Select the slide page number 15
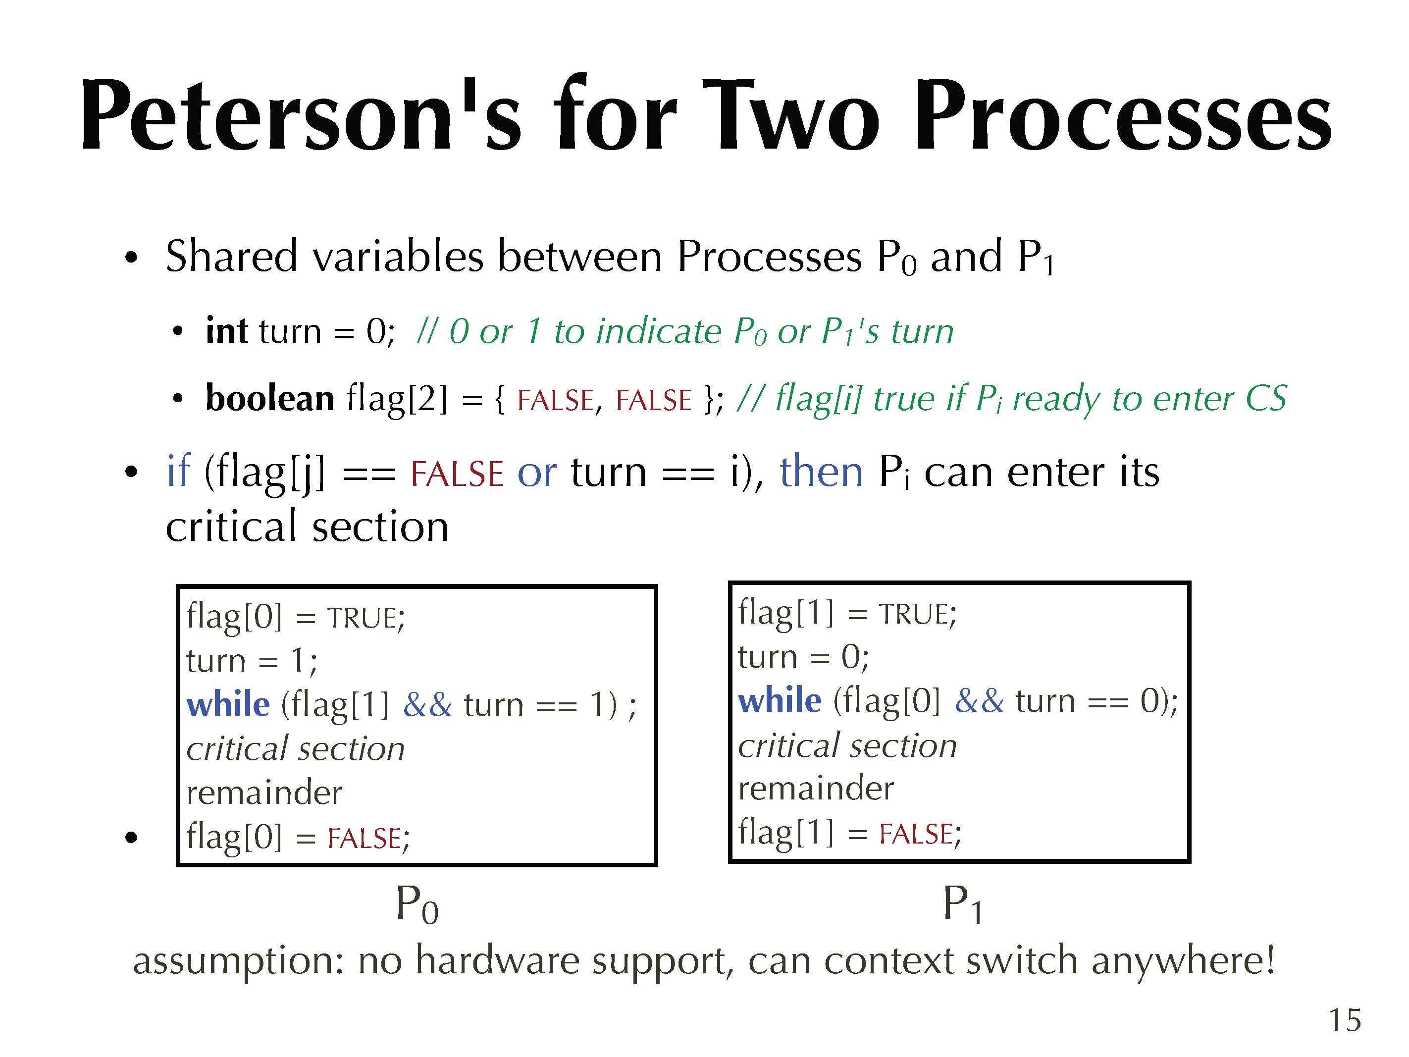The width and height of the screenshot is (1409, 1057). pos(1345,1020)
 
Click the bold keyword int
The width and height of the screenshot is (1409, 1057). pos(226,331)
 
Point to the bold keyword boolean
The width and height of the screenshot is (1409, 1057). pos(269,398)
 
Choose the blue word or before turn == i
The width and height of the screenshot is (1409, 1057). pos(536,474)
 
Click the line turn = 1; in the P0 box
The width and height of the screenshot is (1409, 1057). pos(252,660)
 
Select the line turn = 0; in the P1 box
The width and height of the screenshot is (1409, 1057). pos(803,656)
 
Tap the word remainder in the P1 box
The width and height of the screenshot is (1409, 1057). pos(816,788)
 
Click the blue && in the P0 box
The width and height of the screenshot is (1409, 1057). pos(427,705)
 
